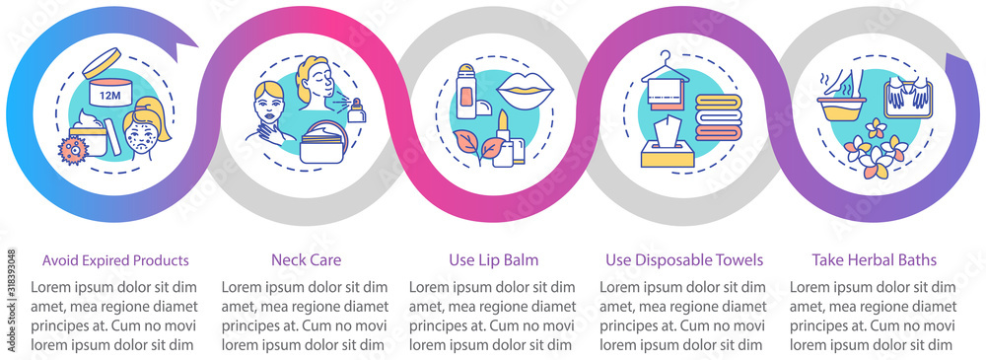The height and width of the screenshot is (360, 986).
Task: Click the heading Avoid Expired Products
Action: [115, 260]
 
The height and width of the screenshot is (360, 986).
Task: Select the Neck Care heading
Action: [306, 260]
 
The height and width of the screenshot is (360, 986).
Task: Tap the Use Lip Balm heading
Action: [494, 260]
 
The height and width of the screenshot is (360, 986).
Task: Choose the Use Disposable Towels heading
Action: [684, 260]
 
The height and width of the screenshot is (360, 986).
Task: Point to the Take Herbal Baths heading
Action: [874, 260]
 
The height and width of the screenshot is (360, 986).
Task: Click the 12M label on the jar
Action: [102, 96]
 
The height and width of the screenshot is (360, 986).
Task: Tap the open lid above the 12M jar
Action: [102, 63]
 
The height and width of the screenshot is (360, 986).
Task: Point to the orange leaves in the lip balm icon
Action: [477, 145]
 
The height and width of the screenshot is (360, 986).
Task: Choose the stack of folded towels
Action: [719, 117]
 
